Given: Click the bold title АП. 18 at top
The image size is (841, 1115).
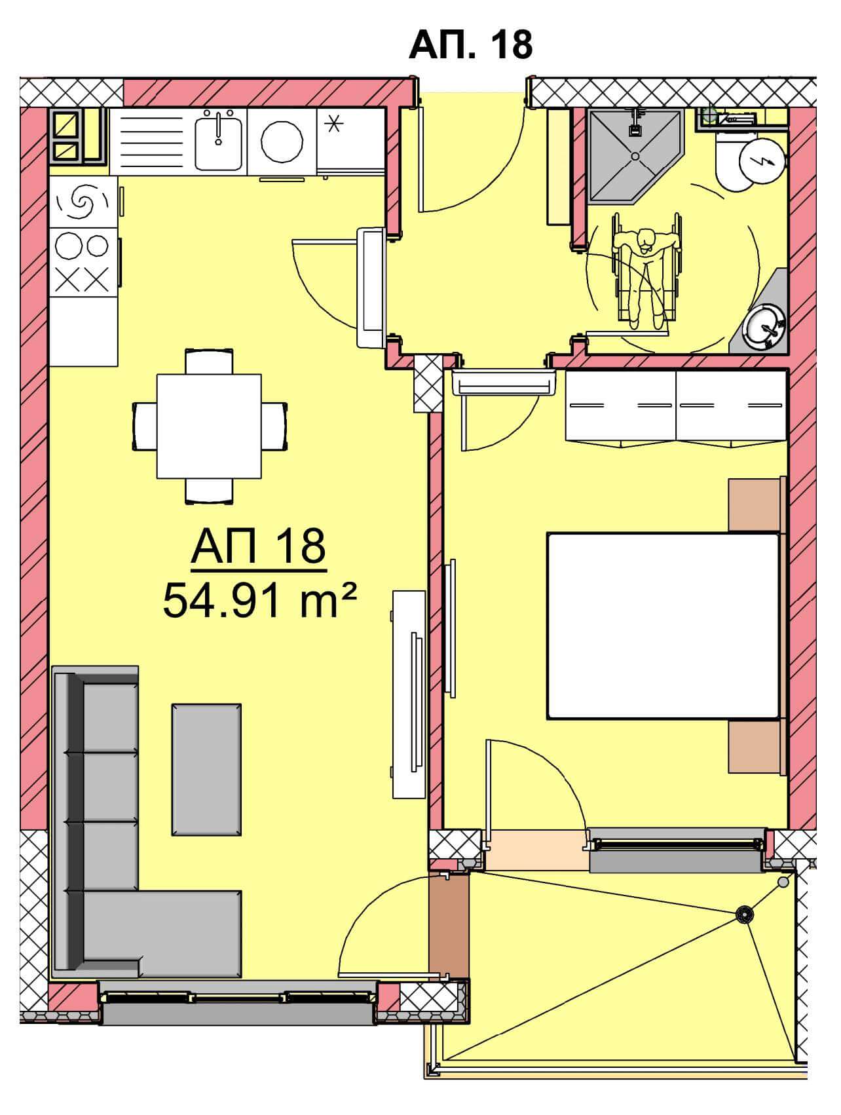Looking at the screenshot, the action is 470,45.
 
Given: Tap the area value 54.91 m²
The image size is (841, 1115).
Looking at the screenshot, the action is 260,601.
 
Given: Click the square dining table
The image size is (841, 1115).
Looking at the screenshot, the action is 209,426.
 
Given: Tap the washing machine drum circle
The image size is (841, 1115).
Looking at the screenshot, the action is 283,141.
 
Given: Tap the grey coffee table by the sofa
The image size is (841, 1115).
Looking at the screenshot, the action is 207,769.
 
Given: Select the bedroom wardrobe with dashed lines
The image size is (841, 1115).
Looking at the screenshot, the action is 676,406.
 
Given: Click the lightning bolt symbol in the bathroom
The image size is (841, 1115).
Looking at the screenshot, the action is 762,159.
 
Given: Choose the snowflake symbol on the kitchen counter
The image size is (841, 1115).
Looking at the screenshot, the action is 335,123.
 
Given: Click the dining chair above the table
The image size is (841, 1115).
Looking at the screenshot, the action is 209,362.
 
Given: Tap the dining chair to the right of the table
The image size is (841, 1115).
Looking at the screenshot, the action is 274,426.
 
